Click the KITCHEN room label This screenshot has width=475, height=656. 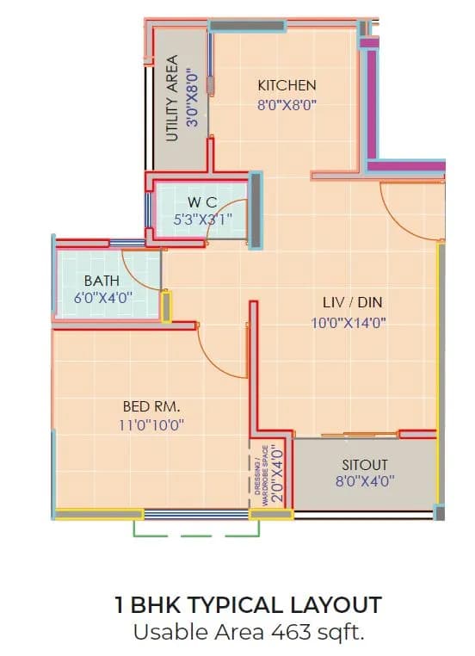287,85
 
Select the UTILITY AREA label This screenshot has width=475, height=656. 171,98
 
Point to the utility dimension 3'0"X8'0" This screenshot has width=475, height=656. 193,98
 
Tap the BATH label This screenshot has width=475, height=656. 101,281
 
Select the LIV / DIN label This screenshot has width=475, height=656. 352,303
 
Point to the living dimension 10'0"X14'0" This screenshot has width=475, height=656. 348,323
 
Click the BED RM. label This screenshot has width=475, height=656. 151,405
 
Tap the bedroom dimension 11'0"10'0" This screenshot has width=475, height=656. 151,424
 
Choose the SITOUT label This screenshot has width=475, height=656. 365,464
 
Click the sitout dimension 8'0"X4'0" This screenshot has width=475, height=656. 365,482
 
